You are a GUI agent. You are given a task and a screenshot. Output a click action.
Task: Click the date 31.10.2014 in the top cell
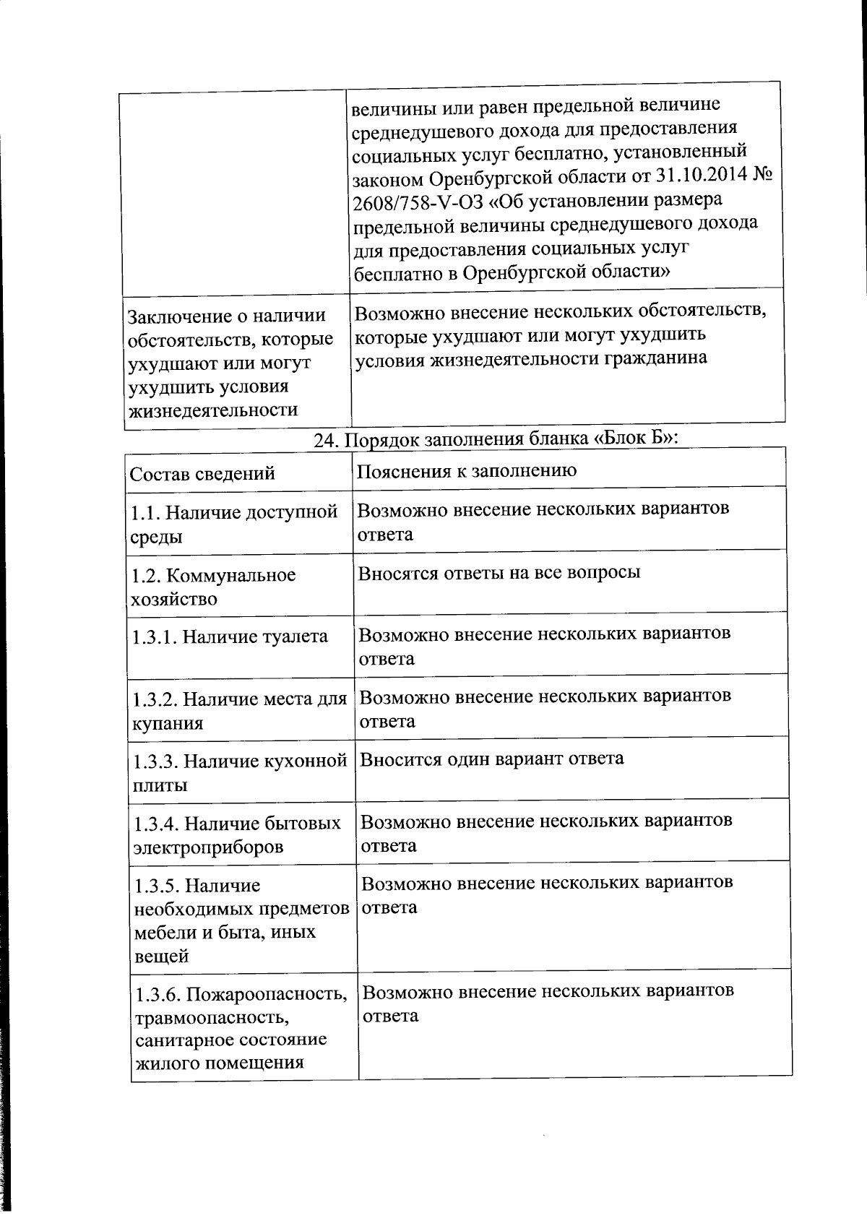pos(699,176)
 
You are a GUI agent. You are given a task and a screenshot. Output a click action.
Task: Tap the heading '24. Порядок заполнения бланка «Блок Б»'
pos(496,439)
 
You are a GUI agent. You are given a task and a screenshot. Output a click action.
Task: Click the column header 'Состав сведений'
pos(202,474)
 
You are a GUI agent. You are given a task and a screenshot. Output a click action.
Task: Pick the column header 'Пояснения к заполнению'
pos(467,471)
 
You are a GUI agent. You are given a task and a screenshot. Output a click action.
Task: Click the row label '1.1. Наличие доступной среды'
pos(233,524)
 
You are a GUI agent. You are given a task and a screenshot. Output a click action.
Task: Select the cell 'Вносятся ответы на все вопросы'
pos(499,573)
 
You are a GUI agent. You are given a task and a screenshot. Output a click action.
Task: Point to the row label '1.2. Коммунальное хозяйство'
pos(213,587)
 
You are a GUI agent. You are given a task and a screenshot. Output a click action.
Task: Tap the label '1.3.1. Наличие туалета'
pos(230,636)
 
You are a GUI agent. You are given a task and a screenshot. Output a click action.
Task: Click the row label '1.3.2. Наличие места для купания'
pos(239,711)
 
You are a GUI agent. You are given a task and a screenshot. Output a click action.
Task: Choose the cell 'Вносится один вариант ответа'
pos(491,759)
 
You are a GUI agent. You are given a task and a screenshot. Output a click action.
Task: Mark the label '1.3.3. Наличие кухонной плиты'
pos(239,773)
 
